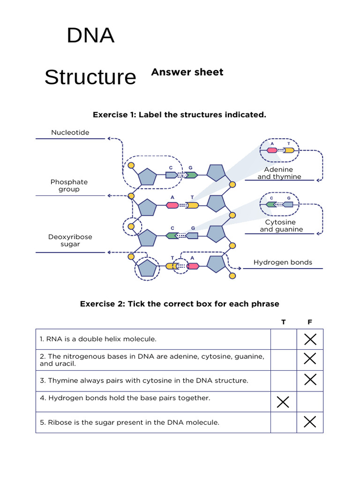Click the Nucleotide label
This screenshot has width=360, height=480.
[x=70, y=133]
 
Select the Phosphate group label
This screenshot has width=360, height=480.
[x=69, y=186]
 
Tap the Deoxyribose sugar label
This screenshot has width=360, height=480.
[x=70, y=240]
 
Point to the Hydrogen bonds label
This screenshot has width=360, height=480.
[x=283, y=262]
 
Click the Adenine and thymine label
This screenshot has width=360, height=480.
[x=279, y=173]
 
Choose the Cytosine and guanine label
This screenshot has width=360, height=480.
[x=281, y=225]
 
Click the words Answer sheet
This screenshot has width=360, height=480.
[x=187, y=72]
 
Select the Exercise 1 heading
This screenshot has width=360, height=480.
[x=180, y=115]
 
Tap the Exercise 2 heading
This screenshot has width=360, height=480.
[x=180, y=304]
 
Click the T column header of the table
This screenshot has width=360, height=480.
[x=283, y=322]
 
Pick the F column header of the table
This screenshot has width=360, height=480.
[x=310, y=322]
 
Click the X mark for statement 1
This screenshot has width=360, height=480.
[x=310, y=339]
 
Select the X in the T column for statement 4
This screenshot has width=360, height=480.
[x=283, y=402]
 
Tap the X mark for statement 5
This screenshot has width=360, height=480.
[x=310, y=422]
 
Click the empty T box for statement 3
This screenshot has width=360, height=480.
[x=283, y=381]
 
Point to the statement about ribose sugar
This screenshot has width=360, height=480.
[x=129, y=422]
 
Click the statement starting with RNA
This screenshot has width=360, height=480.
[x=98, y=339]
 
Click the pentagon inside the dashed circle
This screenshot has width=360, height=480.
[x=147, y=268]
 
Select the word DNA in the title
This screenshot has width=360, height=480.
[x=90, y=36]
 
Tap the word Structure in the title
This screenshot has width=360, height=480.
[x=90, y=77]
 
